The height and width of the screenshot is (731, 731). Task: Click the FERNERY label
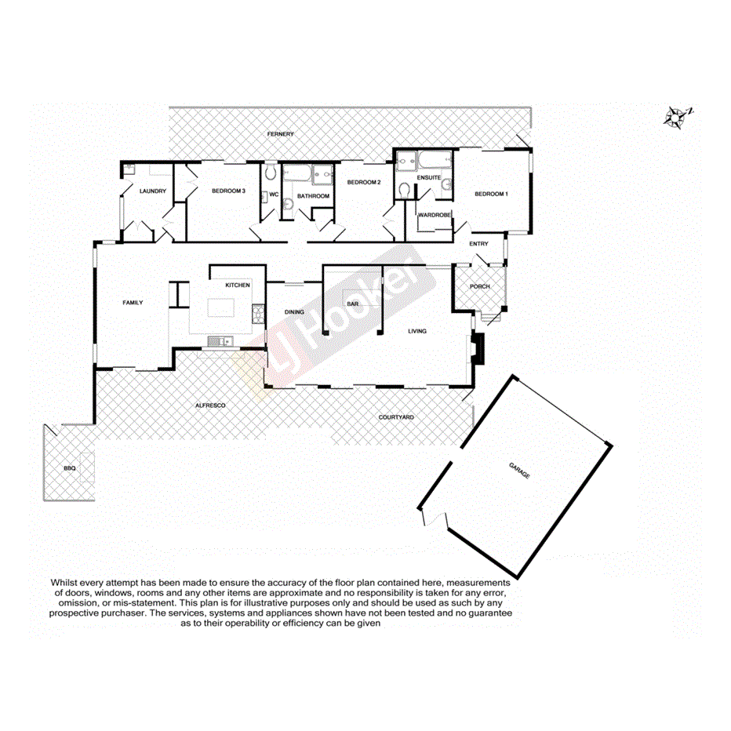pos(280,134)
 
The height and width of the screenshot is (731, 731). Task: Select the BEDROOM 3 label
pos(228,191)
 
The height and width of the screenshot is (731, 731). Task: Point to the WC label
pos(274,195)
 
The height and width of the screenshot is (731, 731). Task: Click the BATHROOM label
pos(312,195)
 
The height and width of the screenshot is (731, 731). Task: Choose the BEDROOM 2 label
pos(363,182)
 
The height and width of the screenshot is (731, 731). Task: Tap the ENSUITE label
pos(428,177)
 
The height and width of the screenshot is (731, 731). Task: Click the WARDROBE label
pos(434,215)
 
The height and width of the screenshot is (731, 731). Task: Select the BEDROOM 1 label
pos(491,194)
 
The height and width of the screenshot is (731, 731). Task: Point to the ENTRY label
pos(478,244)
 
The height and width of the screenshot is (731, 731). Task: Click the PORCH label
pos(479,286)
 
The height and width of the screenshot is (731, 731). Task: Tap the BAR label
pos(353,304)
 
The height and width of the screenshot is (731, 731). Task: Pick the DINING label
pos(294,312)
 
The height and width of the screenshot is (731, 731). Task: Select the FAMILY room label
pos(132,302)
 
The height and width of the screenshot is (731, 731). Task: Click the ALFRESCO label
pos(210,405)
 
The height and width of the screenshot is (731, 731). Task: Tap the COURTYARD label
pos(395,417)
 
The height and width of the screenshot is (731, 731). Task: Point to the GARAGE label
pos(519,471)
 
